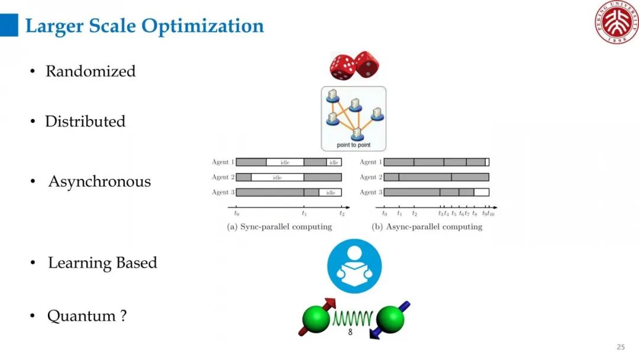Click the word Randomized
tap(91, 71)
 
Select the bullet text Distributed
tap(85, 121)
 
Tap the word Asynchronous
tap(99, 181)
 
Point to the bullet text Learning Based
tap(102, 263)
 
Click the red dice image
tap(354, 65)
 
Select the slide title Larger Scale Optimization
tap(144, 26)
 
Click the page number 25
tap(621, 347)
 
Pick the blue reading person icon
tap(354, 266)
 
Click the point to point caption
tap(354, 144)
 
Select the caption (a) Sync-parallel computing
tap(279, 227)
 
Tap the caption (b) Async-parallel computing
tap(427, 227)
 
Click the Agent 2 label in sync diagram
tap(223, 177)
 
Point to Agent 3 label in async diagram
tap(371, 192)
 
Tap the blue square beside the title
tap(9, 25)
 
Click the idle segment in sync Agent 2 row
tap(277, 177)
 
